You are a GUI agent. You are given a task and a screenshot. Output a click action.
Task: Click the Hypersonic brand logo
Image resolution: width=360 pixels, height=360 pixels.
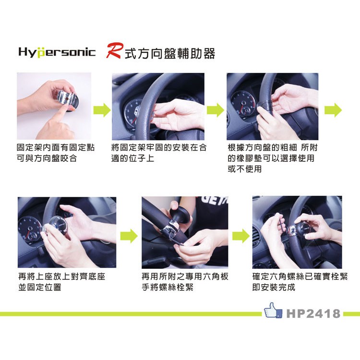click(57, 52)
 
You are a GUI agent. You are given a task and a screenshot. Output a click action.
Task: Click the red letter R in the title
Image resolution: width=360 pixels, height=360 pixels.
click(114, 50)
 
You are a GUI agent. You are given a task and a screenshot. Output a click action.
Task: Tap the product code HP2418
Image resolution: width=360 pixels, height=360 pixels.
click(313, 313)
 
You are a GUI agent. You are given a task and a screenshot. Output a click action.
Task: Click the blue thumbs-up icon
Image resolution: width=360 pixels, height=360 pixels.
click(273, 310)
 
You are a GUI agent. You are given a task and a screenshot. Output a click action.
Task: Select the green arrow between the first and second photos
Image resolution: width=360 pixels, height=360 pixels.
click(102, 110)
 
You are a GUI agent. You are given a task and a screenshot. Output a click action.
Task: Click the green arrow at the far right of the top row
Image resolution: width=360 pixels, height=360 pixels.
click(333, 110)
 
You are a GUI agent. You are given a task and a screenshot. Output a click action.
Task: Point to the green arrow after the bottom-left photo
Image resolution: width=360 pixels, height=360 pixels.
click(129, 236)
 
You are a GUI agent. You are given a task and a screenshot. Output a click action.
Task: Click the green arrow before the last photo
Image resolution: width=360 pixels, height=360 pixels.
click(241, 236)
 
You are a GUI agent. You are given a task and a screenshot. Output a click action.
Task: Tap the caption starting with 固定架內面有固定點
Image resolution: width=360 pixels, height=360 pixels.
click(56, 153)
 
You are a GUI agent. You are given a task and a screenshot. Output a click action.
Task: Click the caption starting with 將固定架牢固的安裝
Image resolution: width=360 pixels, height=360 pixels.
click(159, 153)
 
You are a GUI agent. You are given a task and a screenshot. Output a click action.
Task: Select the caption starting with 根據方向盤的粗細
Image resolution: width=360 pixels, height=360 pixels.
click(273, 158)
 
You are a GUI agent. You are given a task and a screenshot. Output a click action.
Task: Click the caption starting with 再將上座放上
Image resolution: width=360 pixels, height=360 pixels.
click(61, 282)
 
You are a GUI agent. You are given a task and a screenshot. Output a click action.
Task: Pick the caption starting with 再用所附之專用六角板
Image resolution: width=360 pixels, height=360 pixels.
click(185, 282)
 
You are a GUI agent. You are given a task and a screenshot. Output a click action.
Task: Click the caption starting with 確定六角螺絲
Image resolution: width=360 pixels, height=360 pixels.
click(300, 282)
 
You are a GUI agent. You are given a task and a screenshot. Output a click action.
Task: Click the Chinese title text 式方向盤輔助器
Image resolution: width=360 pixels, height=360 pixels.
click(170, 53)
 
